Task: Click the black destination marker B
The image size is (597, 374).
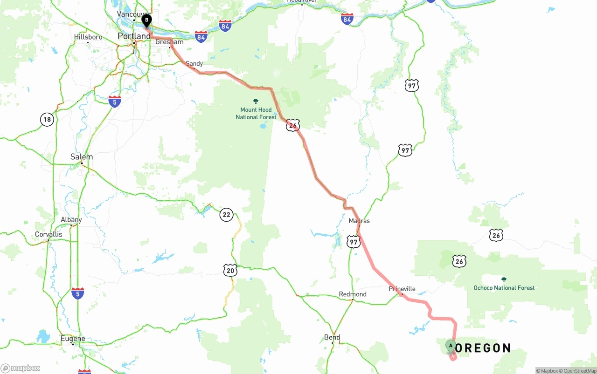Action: tap(146, 20)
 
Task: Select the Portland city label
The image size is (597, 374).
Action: tap(134, 36)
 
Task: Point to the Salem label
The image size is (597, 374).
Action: tap(82, 157)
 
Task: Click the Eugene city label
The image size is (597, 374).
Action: tap(73, 339)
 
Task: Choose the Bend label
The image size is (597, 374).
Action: tap(332, 337)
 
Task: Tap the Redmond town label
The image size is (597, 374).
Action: tap(353, 294)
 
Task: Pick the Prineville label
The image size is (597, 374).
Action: tap(402, 289)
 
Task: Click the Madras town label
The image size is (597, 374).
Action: tap(359, 221)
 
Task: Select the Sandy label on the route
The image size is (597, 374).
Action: tap(194, 63)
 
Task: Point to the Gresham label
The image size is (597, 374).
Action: tap(169, 42)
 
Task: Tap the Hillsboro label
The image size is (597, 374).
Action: tap(88, 37)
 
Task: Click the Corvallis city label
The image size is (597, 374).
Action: tap(49, 234)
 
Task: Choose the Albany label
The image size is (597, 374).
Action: tap(71, 220)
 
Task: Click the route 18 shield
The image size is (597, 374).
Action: tap(47, 119)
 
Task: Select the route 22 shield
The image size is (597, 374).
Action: tap(226, 215)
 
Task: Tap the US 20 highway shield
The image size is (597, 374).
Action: tap(230, 270)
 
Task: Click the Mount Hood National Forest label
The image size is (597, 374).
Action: tap(256, 113)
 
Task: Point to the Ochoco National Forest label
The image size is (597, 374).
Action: tap(504, 287)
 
